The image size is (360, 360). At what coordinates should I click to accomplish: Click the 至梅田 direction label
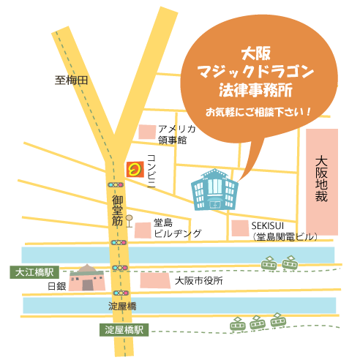tap(72, 80)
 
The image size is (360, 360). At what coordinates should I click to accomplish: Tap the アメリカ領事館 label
tap(176, 134)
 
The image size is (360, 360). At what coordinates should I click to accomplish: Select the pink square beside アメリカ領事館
tap(146, 132)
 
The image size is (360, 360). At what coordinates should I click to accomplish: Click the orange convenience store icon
tap(134, 170)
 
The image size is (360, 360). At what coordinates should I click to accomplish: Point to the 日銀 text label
tap(56, 285)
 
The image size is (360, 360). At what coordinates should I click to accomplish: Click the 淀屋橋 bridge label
tap(122, 306)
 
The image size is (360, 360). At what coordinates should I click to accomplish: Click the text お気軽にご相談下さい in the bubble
tap(258, 113)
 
